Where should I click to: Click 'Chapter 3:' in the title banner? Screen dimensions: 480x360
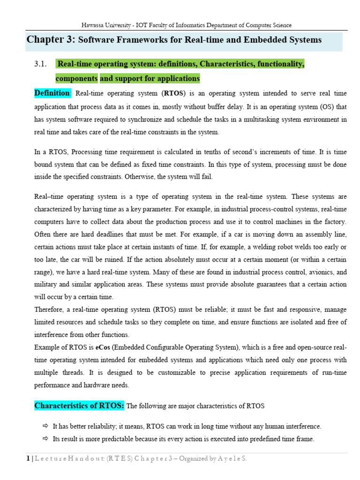[51, 40]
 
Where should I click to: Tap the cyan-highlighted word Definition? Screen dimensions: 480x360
[52, 93]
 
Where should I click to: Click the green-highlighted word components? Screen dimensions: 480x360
[76, 78]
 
